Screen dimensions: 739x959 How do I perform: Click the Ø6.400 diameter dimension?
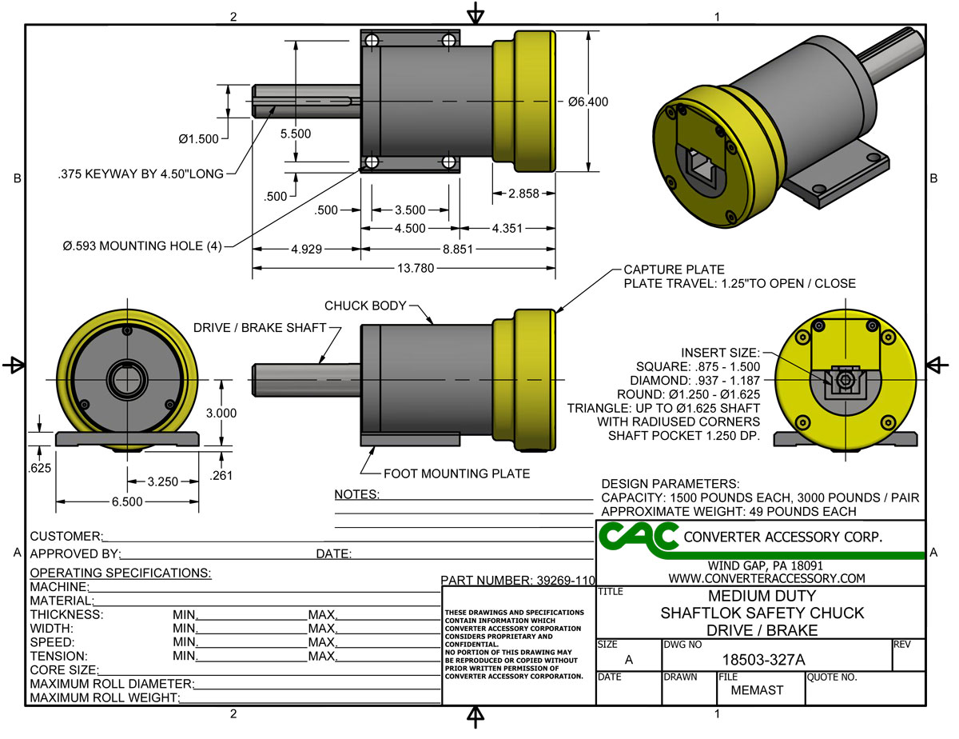pos(589,102)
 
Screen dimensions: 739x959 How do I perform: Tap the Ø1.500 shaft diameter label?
pos(198,139)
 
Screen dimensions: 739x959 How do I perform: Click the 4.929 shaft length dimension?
pos(306,250)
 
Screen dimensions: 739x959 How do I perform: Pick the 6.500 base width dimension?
pos(127,501)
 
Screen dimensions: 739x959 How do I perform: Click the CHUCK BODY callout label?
pos(365,306)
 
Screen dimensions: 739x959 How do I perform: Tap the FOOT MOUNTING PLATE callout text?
pos(456,473)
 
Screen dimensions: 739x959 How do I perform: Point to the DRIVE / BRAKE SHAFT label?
pos(261,327)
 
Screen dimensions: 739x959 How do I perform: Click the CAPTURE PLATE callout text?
pos(674,270)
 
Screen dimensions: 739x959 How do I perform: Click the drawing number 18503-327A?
pos(763,660)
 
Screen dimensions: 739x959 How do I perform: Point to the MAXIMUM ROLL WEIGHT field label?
pos(103,698)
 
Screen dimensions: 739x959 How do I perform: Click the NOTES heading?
pos(356,495)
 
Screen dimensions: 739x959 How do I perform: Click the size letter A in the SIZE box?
pos(628,660)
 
